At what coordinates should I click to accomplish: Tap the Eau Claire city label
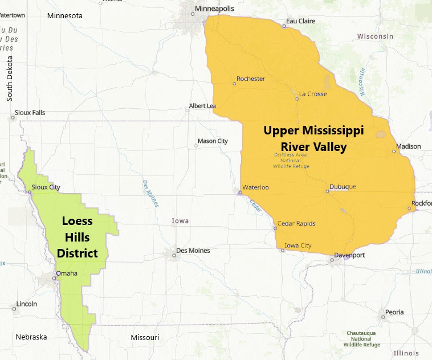coord(300,21)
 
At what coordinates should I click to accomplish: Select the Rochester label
coord(251,79)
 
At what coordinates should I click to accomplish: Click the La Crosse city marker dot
coord(297,99)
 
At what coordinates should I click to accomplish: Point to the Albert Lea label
coord(202,106)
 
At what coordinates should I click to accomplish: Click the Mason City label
coord(213,141)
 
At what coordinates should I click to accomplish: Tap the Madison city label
coord(409,146)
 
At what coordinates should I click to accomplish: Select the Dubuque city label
coord(343,187)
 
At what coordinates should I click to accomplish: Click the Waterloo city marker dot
coord(241,193)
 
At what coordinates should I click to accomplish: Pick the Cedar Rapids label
coord(296,223)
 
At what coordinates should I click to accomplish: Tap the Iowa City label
coord(298,246)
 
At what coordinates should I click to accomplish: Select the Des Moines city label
coord(193,251)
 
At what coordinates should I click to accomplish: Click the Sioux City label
coord(46,187)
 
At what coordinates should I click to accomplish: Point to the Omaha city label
coord(67,273)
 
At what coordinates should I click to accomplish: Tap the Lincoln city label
coord(27,304)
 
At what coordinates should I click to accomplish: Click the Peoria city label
coord(394,312)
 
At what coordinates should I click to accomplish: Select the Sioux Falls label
coord(30,113)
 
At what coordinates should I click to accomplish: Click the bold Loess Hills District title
coord(78,237)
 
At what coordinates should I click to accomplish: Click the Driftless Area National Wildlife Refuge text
coord(292,160)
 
